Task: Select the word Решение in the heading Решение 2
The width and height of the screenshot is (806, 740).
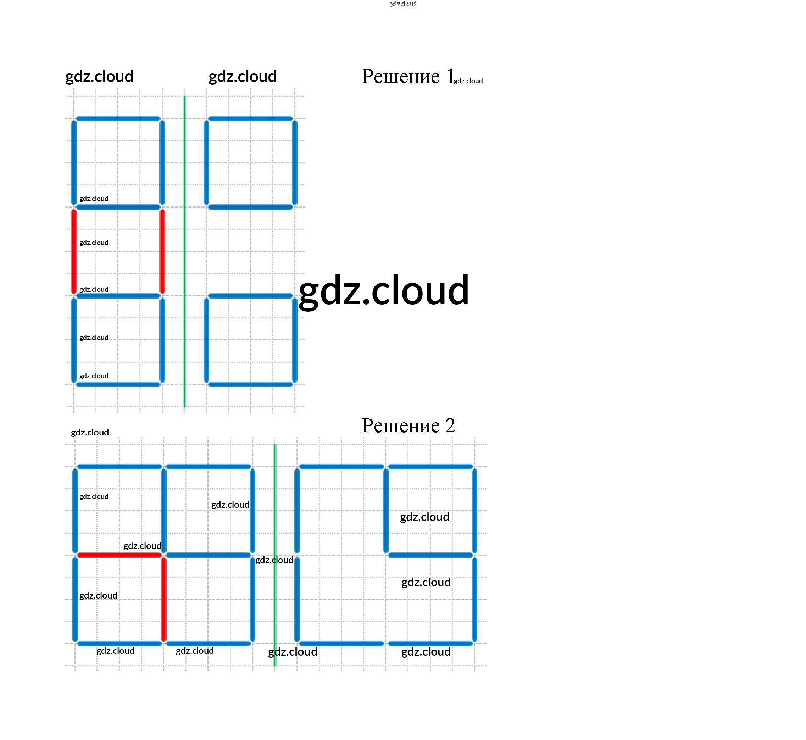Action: click(400, 425)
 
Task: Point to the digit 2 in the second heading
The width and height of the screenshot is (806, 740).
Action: click(450, 425)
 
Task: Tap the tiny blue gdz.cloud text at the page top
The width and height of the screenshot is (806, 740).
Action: click(402, 4)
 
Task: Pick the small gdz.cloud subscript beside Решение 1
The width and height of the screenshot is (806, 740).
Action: click(468, 81)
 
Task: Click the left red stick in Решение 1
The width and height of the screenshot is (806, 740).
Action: click(74, 251)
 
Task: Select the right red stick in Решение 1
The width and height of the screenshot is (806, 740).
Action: click(162, 251)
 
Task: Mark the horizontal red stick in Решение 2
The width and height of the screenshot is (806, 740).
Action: click(119, 555)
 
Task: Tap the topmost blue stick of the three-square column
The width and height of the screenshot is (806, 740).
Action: click(118, 118)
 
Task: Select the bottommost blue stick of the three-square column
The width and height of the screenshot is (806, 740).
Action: click(118, 384)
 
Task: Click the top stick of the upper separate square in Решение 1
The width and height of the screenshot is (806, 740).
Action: click(251, 118)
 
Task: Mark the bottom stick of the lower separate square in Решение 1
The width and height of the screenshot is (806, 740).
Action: click(251, 384)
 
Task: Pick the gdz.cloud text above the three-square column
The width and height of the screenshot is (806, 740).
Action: click(99, 76)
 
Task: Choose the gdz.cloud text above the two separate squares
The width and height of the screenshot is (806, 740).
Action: click(242, 76)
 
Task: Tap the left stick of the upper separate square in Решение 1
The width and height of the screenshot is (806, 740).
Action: click(206, 163)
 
